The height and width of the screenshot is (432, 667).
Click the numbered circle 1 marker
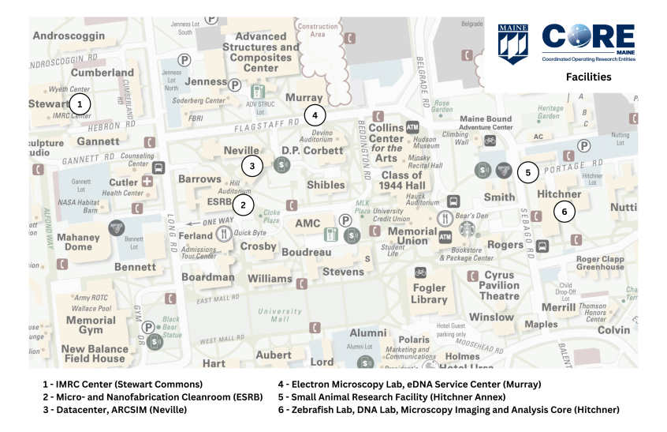[x=79, y=103]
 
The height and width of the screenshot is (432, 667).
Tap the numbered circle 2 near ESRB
[x=244, y=205]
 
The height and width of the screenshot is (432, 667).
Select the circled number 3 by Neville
[x=252, y=166]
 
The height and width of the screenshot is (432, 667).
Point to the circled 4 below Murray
[x=315, y=115]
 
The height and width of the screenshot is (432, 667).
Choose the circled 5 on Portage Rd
[x=527, y=171]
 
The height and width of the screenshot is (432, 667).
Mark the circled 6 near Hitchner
[x=565, y=212]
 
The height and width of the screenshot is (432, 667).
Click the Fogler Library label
[x=429, y=294]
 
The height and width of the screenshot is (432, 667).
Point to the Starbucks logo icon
[x=470, y=230]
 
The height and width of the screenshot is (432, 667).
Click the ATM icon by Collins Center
[x=412, y=127]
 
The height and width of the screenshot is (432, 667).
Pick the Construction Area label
[x=319, y=30]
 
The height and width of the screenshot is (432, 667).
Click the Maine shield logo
[x=512, y=43]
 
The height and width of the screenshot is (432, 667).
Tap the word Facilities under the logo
[x=587, y=77]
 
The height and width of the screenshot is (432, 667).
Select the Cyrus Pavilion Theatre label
[x=499, y=286]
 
